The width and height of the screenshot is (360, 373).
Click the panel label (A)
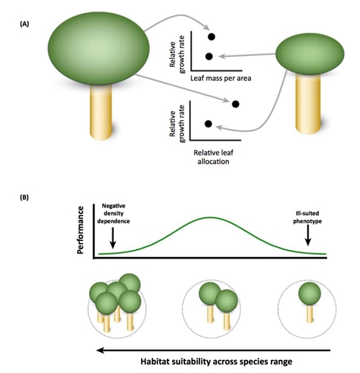click(x=24, y=24)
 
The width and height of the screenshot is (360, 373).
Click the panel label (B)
click(x=24, y=197)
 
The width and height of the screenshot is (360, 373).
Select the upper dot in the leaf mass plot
click(x=212, y=37)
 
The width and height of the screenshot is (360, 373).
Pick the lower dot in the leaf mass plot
click(x=209, y=56)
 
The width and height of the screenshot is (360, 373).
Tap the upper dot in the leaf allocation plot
click(x=235, y=104)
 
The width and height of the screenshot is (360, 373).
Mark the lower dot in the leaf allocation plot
click(x=208, y=124)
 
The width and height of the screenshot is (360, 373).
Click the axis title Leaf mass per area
click(x=220, y=78)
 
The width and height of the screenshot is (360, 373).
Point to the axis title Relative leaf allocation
click(x=213, y=157)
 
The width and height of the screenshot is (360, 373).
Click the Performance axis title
click(x=81, y=230)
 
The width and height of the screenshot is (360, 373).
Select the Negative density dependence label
click(x=113, y=213)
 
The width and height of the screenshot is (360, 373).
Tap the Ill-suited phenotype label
click(x=307, y=217)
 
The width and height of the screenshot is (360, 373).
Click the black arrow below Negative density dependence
click(x=113, y=238)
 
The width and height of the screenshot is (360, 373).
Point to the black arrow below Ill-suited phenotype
click(x=308, y=235)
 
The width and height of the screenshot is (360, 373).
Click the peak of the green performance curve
click(x=210, y=217)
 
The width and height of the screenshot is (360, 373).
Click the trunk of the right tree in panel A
click(x=308, y=103)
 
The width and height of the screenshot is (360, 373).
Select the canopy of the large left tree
click(x=99, y=48)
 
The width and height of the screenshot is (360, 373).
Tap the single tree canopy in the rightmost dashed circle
click(x=310, y=294)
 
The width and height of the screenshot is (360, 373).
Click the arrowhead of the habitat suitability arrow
click(x=100, y=351)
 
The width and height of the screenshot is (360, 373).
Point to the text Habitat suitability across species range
click(x=217, y=361)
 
